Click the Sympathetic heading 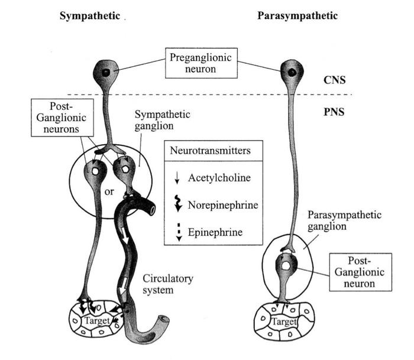tap(89, 16)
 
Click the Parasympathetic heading tap(297, 16)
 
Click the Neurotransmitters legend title tap(209, 150)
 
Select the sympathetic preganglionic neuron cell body tap(106, 73)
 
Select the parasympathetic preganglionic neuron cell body tap(291, 73)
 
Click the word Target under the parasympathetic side tap(284, 322)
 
